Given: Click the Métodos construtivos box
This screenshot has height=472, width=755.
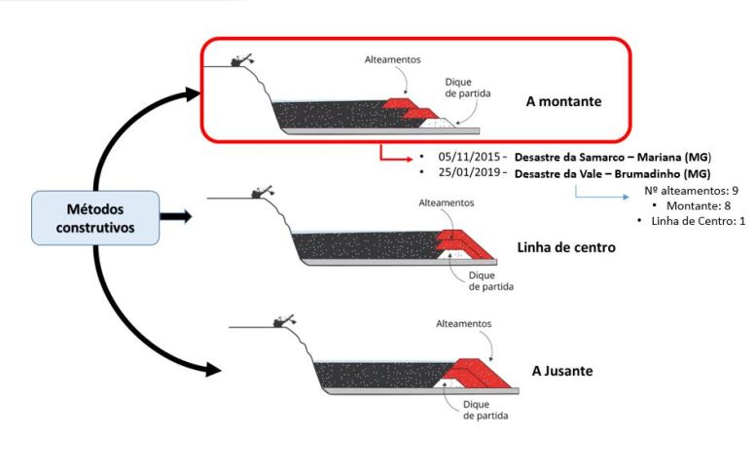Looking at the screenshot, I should tap(94, 217).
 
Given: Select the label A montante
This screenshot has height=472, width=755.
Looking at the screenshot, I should tap(562, 100).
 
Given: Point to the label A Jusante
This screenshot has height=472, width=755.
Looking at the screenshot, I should tap(562, 371).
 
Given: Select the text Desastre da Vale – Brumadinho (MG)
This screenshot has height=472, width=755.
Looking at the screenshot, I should tap(612, 172).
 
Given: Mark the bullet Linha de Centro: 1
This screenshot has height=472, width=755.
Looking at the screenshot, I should tap(697, 222).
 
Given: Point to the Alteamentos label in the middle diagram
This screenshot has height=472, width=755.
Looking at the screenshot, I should tap(446, 202).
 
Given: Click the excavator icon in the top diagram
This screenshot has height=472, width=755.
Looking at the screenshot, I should tap(238, 59).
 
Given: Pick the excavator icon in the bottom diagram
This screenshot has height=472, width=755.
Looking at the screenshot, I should tap(283, 319).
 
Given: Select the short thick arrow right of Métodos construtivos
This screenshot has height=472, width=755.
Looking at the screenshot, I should tap(176, 216).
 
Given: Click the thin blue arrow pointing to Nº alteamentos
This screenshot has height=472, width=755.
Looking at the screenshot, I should tap(602, 198).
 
